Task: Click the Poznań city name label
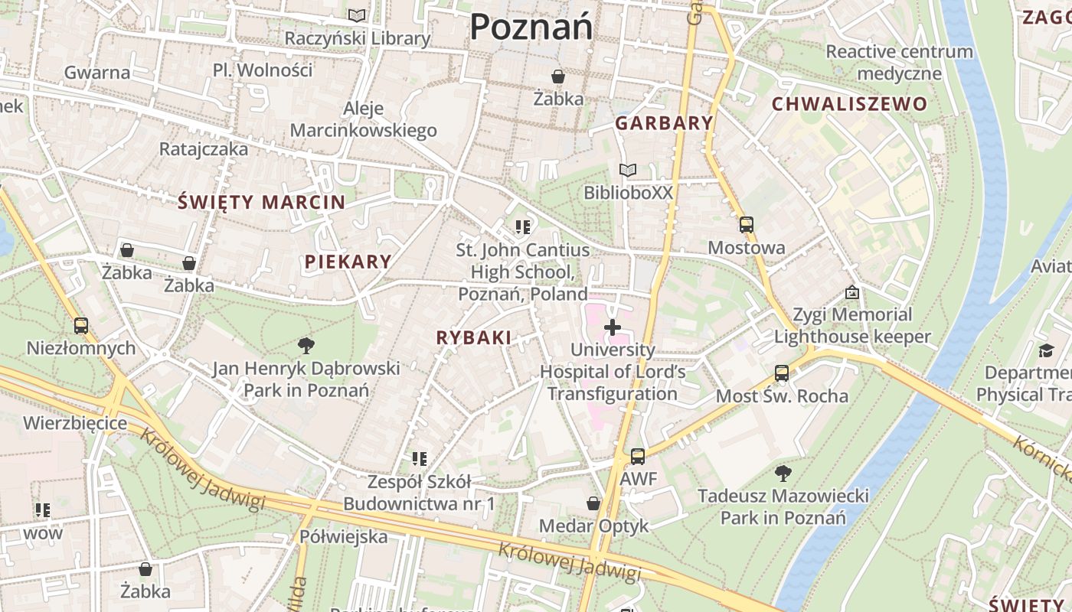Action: pos(531,28)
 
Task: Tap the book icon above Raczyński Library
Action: pos(357,15)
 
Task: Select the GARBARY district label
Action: pos(664,123)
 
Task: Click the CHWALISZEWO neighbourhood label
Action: pos(849,104)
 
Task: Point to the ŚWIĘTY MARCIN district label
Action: pos(261,203)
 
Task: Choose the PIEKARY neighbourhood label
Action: pos(348,262)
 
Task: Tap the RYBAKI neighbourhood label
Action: pos(473,337)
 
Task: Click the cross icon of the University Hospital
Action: pos(613,328)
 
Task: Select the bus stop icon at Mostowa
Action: pos(747,225)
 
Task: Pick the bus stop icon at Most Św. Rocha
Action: pos(782,373)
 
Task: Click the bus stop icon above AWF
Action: pos(638,457)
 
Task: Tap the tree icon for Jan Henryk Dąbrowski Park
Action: pos(306,345)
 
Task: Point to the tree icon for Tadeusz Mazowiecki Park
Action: pos(783,473)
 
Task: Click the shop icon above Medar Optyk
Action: pos(593,503)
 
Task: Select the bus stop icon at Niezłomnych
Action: pos(81,326)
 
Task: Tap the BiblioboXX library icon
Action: pos(628,170)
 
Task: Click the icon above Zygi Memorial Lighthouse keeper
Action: pos(852,292)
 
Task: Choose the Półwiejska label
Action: pos(344,536)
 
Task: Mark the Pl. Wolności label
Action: pos(263,70)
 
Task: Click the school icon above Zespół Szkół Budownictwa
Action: pos(419,459)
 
